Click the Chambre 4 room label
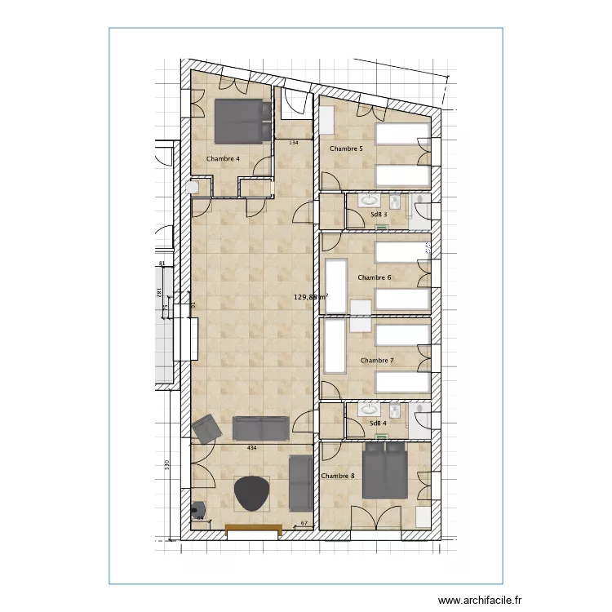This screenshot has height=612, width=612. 223,159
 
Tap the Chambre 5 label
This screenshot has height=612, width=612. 346,149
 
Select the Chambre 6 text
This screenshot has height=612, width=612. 375,278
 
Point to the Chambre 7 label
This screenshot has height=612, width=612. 377,361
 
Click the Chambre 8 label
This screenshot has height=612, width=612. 338,476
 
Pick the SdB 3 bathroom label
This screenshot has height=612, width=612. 378,215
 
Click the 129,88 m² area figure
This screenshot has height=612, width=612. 310,298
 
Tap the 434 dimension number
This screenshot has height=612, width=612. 251,448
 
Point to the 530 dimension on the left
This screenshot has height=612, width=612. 166,464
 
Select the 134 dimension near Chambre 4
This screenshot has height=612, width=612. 294,143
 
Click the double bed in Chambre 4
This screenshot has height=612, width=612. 239,121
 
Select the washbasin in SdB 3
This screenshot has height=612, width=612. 370,200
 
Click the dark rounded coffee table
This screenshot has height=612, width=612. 251,494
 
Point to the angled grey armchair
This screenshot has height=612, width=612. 206,428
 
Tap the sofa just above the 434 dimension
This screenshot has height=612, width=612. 260,428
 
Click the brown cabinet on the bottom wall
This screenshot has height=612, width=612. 253,530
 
